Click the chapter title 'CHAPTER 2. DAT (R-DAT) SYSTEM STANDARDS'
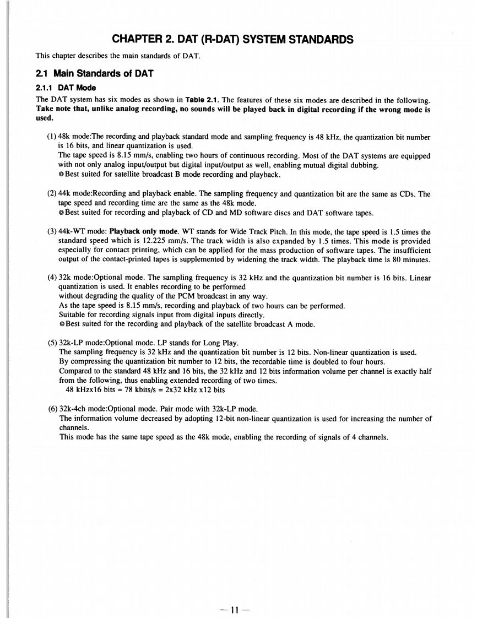[232, 39]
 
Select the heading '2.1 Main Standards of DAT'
[94, 74]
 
